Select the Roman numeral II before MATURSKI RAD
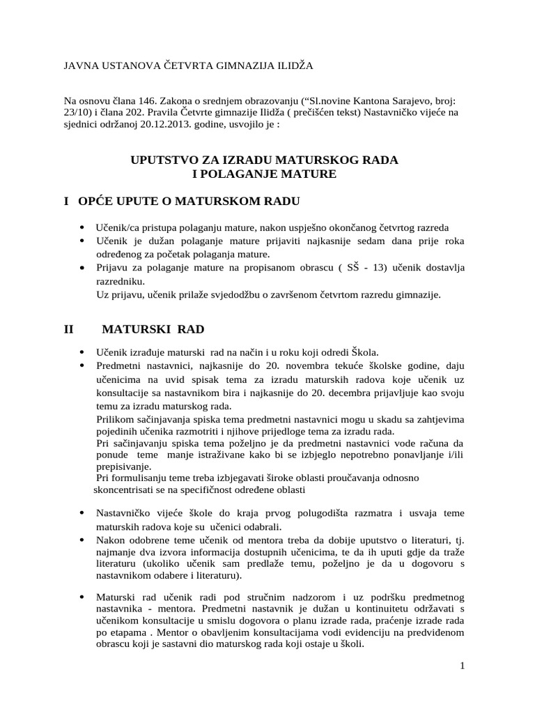[x=69, y=328]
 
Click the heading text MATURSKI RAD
[x=153, y=328]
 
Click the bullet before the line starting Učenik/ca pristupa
[x=83, y=228]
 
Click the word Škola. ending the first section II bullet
[x=363, y=352]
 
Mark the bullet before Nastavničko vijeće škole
[x=83, y=514]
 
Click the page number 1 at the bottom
[x=462, y=665]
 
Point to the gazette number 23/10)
[x=80, y=114]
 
